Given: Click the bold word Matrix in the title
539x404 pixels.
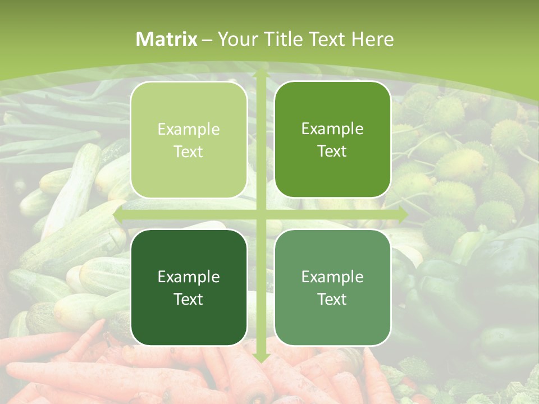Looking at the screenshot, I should click(x=167, y=39).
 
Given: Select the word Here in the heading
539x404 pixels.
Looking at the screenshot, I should click(x=372, y=39).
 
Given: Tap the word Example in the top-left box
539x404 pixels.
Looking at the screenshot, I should click(x=189, y=130).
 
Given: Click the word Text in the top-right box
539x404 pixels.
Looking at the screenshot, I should click(x=332, y=151).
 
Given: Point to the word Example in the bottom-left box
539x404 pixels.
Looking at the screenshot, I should click(x=189, y=277).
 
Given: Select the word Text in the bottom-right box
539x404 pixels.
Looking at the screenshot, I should click(x=332, y=299).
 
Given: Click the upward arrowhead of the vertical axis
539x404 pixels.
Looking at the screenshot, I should click(x=261, y=73).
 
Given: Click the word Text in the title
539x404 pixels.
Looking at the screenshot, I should click(x=327, y=39).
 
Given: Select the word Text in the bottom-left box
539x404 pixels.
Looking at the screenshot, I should click(x=189, y=299).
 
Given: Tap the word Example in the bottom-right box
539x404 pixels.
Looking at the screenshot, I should click(x=332, y=277).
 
